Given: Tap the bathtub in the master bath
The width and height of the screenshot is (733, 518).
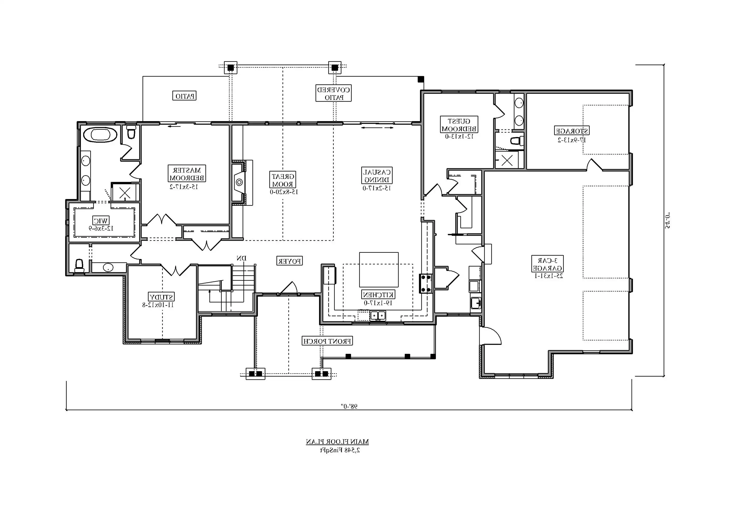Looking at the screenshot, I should tap(100, 135).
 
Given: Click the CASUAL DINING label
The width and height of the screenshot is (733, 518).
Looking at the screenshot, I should tap(377, 176).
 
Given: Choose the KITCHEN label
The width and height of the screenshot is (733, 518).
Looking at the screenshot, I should tap(378, 294).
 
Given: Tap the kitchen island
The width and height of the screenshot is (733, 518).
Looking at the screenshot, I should tap(379, 269).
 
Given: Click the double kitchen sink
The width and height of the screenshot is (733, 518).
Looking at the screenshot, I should tap(378, 316).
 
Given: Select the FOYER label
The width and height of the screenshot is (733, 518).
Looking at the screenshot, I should tap(289, 261).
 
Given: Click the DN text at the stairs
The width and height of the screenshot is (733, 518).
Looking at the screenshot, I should tap(242, 258).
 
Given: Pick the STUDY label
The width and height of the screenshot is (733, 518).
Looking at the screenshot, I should tap(161, 297).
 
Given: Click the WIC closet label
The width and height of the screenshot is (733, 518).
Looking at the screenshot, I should tap(101, 220).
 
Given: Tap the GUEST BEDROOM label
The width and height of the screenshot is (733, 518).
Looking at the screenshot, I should tap(459, 125).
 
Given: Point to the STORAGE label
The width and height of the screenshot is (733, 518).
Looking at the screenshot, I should tap(572, 131).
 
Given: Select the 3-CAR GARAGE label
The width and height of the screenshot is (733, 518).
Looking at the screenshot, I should tap(547, 264).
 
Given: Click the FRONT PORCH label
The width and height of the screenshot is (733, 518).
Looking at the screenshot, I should tap(327, 341).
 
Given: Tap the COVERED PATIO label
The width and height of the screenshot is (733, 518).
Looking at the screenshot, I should tap(334, 93).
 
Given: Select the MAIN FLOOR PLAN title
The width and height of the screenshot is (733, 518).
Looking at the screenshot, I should tap(337, 442).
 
